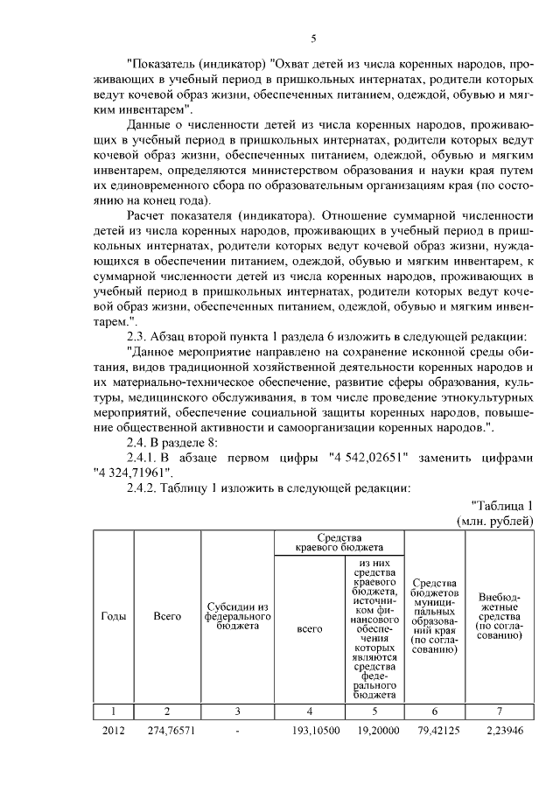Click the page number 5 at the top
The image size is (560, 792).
coord(313,38)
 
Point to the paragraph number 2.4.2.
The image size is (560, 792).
coord(148,487)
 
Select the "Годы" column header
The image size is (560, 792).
coord(114,616)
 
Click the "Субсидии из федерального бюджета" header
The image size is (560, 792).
coord(237,616)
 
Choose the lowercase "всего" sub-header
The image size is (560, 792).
coord(310,627)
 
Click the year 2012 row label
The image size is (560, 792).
coord(114,730)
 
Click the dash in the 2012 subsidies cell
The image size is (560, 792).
coord(237,730)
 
